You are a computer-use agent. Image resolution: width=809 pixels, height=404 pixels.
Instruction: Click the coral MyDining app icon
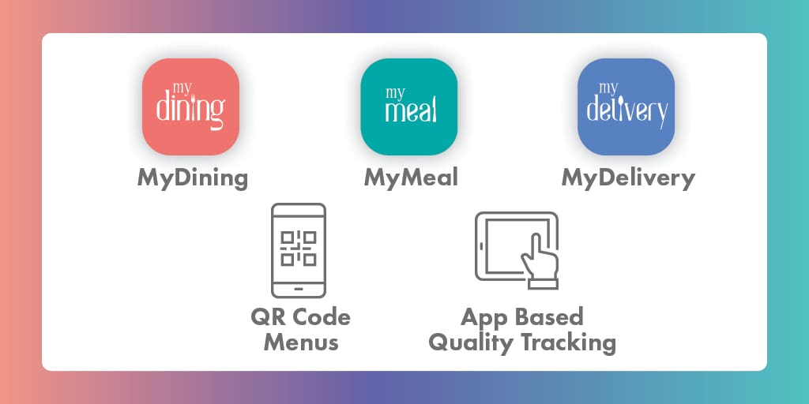coord(190,107)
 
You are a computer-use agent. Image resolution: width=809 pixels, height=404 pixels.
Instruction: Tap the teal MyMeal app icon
coord(408,107)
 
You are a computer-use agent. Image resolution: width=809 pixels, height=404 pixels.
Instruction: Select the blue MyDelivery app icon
coord(626,107)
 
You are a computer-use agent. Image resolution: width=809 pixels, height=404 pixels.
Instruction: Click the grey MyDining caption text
coord(193,179)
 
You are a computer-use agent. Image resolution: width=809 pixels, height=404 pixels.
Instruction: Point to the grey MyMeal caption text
coord(411,179)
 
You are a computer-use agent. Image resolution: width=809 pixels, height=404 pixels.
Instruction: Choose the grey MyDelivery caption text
coord(628,179)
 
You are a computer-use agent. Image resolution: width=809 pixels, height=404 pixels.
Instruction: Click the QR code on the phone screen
coord(298,249)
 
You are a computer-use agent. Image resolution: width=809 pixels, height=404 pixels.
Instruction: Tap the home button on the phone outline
coord(299,289)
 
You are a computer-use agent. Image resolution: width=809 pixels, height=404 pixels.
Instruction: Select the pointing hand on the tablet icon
coord(540,261)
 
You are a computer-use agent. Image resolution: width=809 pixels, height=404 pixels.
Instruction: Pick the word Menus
coord(301,342)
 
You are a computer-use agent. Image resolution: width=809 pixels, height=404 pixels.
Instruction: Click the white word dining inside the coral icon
coord(190,109)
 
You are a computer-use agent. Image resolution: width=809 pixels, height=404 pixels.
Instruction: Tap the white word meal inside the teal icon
coord(411,110)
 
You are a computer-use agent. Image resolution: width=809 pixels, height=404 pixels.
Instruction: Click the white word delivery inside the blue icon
coord(627,110)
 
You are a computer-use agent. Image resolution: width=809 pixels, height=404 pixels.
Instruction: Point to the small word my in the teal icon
coord(395,93)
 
